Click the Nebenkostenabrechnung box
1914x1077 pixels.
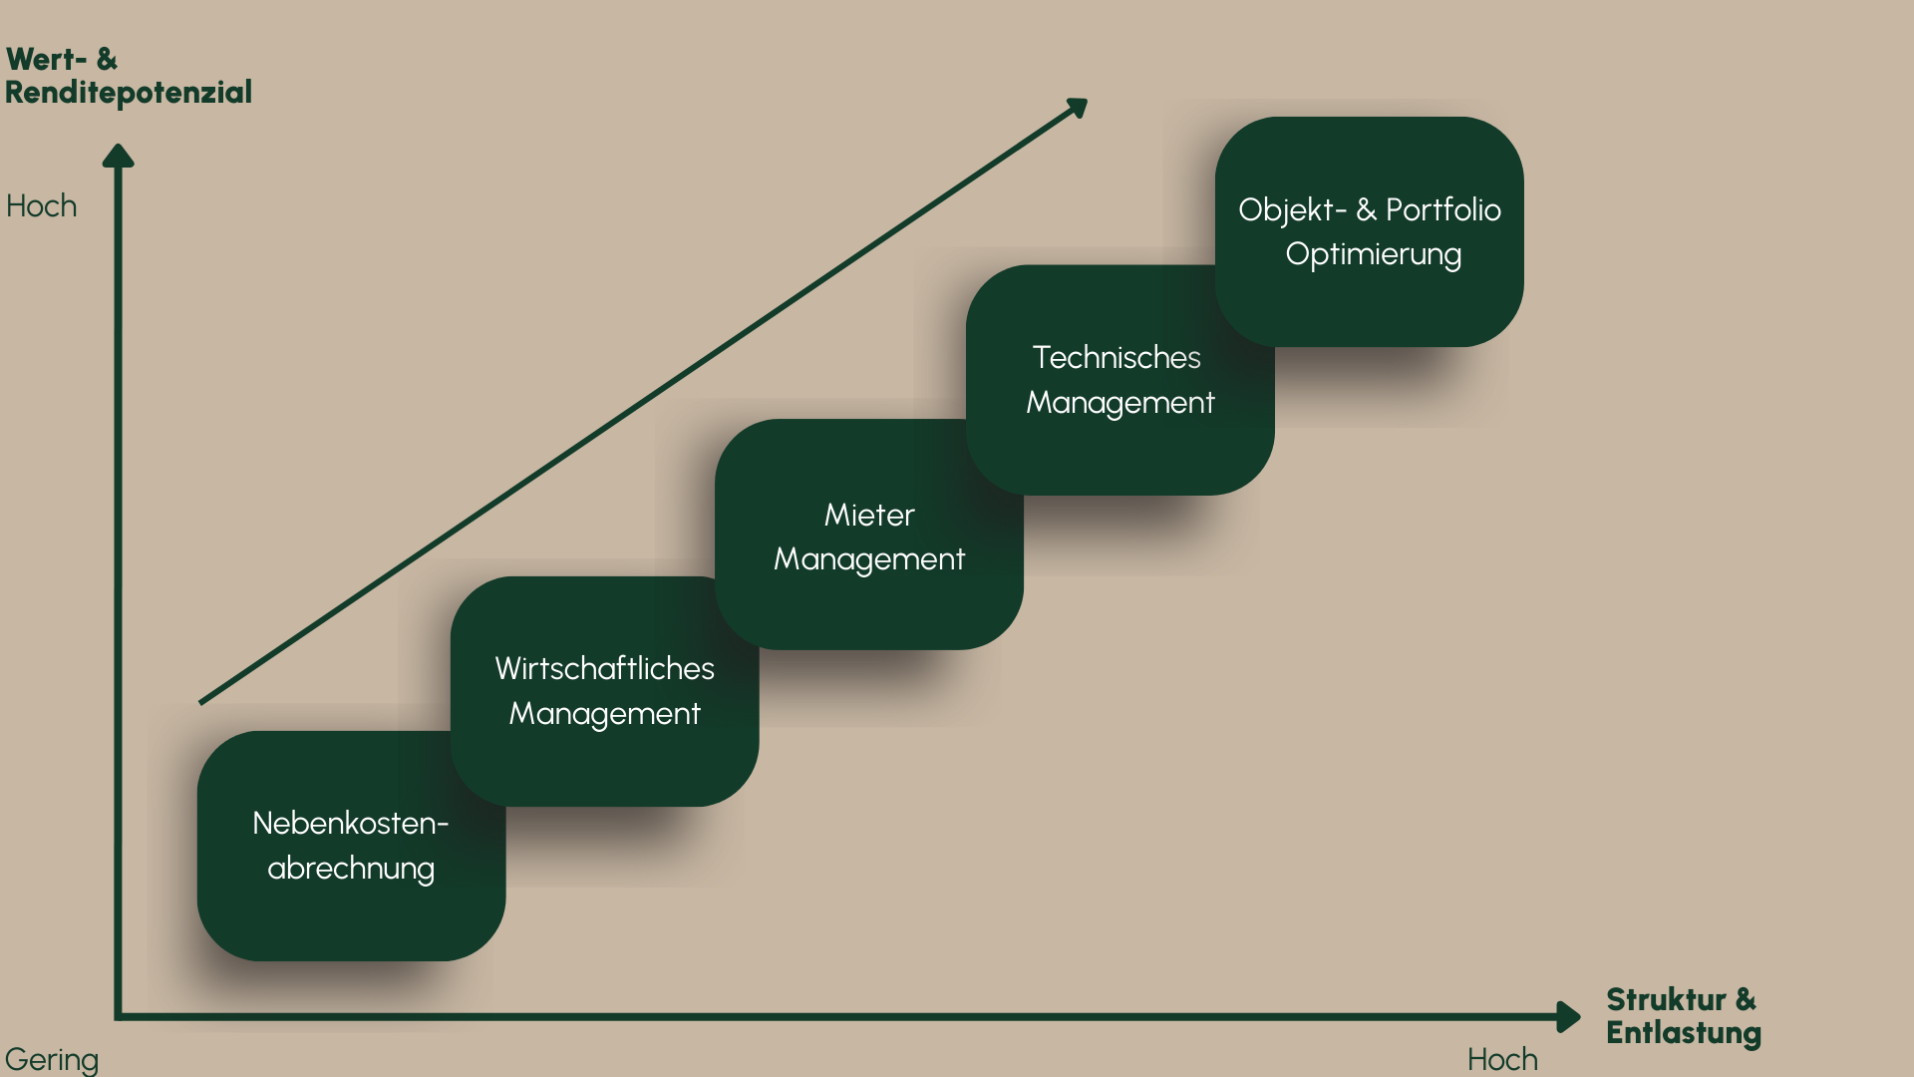[x=351, y=846]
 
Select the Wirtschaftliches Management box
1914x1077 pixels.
[x=604, y=691]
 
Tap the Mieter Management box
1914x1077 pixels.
[x=868, y=536]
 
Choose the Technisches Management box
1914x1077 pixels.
[x=1119, y=380]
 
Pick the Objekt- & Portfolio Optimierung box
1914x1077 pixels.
[x=1369, y=231]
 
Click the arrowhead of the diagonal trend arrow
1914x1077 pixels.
[x=1078, y=107]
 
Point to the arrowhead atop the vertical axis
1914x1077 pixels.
[x=118, y=156]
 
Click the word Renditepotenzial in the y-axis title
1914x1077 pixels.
[x=129, y=93]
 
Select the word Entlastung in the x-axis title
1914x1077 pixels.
[x=1683, y=1033]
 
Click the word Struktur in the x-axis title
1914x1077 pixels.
[x=1666, y=999]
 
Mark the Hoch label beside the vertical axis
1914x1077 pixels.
[x=42, y=206]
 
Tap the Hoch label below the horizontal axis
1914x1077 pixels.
[x=1502, y=1059]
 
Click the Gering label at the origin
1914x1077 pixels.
[x=52, y=1059]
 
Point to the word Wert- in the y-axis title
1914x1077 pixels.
[x=46, y=60]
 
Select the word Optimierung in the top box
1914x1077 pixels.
[x=1373, y=255]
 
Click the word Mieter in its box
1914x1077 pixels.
[x=869, y=515]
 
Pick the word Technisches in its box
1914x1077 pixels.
[x=1116, y=357]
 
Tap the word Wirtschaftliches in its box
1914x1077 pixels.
[x=604, y=668]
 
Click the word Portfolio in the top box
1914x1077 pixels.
[x=1442, y=209]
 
